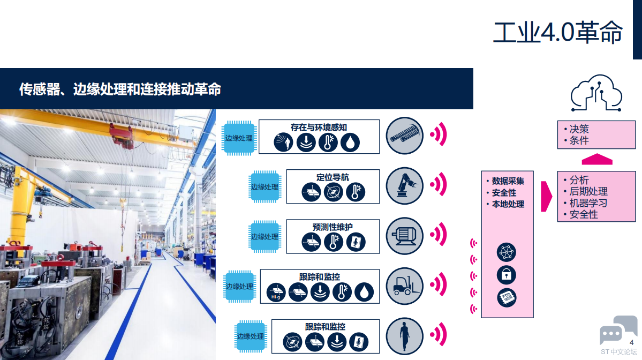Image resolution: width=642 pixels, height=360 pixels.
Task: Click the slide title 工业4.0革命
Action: pyautogui.click(x=557, y=32)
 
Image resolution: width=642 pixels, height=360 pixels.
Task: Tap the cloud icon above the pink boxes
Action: pyautogui.click(x=596, y=93)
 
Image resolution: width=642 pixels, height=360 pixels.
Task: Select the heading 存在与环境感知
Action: pyautogui.click(x=319, y=127)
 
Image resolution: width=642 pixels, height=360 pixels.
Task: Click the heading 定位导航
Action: pyautogui.click(x=333, y=177)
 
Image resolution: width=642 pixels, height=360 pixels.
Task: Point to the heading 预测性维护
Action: pyautogui.click(x=333, y=227)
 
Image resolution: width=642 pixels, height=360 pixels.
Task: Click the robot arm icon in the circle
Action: pyautogui.click(x=404, y=185)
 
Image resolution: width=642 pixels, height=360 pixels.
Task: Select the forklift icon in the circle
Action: pyautogui.click(x=404, y=286)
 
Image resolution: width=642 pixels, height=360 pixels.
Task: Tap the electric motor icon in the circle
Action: pyautogui.click(x=404, y=236)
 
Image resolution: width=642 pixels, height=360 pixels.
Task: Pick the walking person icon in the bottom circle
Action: pyautogui.click(x=404, y=336)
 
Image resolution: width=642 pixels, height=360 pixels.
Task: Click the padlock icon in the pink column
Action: pyautogui.click(x=507, y=275)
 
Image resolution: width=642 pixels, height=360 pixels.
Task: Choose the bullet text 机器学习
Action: pyautogui.click(x=588, y=202)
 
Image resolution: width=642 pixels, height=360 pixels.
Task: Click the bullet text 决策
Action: pyautogui.click(x=579, y=129)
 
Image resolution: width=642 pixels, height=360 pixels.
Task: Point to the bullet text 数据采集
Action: pyautogui.click(x=508, y=181)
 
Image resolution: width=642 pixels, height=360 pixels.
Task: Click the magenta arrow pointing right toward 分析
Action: pyautogui.click(x=546, y=197)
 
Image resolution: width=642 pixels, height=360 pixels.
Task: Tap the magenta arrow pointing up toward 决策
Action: pyautogui.click(x=597, y=159)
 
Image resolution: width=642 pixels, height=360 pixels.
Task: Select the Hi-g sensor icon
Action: pyautogui.click(x=276, y=292)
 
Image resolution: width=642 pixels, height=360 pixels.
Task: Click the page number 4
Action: pyautogui.click(x=631, y=342)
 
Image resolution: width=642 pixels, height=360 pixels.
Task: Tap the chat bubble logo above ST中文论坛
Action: pyautogui.click(x=618, y=329)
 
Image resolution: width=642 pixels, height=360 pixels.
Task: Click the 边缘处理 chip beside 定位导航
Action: pyautogui.click(x=265, y=187)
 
